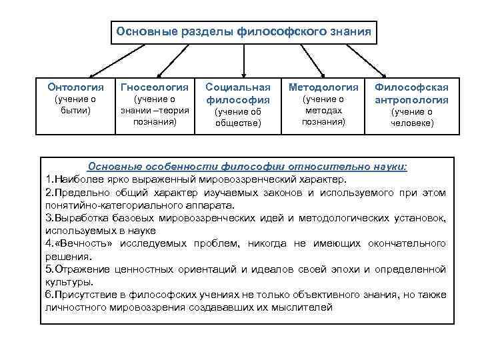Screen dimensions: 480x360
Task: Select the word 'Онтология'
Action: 76,87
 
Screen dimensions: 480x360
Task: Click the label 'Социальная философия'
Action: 238,93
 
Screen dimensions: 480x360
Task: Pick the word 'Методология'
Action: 323,87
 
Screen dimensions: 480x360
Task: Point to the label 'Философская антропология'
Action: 411,93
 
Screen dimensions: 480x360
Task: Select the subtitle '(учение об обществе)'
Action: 238,117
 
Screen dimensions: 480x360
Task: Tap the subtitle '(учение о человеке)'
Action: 411,117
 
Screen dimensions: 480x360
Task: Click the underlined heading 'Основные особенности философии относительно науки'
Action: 247,166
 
